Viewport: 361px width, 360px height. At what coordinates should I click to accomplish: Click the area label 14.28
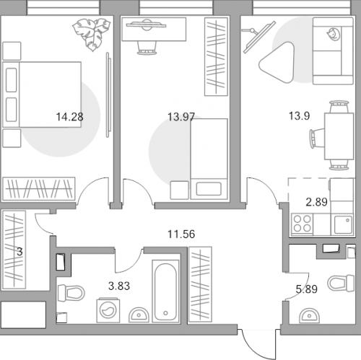pyautogui.click(x=69, y=117)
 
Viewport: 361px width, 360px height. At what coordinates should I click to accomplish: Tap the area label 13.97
pyautogui.click(x=181, y=117)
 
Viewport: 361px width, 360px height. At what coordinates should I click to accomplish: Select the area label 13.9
pyautogui.click(x=299, y=116)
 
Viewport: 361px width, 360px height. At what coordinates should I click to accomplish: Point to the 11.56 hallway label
pyautogui.click(x=181, y=234)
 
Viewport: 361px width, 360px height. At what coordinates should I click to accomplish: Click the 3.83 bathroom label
pyautogui.click(x=119, y=286)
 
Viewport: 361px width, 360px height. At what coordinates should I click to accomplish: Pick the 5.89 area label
pyautogui.click(x=307, y=289)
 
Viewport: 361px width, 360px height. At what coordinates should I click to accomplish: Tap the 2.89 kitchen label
pyautogui.click(x=316, y=202)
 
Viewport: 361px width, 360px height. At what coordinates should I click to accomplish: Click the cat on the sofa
pyautogui.click(x=334, y=34)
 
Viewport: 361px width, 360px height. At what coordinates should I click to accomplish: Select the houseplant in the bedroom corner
pyautogui.click(x=92, y=34)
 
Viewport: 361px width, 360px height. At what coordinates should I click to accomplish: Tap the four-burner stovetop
pyautogui.click(x=302, y=224)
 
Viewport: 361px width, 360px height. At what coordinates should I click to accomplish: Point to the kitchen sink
pyautogui.click(x=343, y=224)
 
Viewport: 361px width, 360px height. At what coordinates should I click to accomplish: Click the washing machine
pyautogui.click(x=108, y=310)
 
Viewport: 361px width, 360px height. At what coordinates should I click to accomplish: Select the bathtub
pyautogui.click(x=165, y=291)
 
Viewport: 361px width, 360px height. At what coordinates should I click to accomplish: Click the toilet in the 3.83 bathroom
pyautogui.click(x=71, y=293)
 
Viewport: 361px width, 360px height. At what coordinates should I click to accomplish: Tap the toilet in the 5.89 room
pyautogui.click(x=341, y=283)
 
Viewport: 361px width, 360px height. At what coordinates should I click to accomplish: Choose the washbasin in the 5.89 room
pyautogui.click(x=309, y=316)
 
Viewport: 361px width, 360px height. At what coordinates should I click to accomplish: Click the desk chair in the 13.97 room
pyautogui.click(x=147, y=48)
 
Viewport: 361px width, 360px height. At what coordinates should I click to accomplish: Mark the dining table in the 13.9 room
pyautogui.click(x=339, y=136)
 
